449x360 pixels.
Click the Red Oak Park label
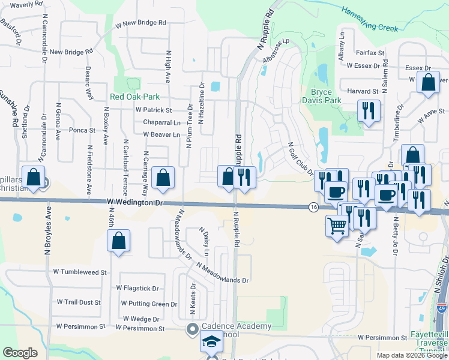pos(134,97)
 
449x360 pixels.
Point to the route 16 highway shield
pos(313,207)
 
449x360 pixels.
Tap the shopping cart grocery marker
pos(337,226)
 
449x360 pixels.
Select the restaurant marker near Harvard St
pos(367,110)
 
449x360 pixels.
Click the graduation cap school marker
pos(211,342)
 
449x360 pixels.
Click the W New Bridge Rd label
pos(141,23)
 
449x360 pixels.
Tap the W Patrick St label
pos(154,110)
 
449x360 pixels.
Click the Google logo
pos(19,353)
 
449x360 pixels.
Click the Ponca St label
pos(82,130)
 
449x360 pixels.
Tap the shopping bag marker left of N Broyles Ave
pos(33,177)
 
